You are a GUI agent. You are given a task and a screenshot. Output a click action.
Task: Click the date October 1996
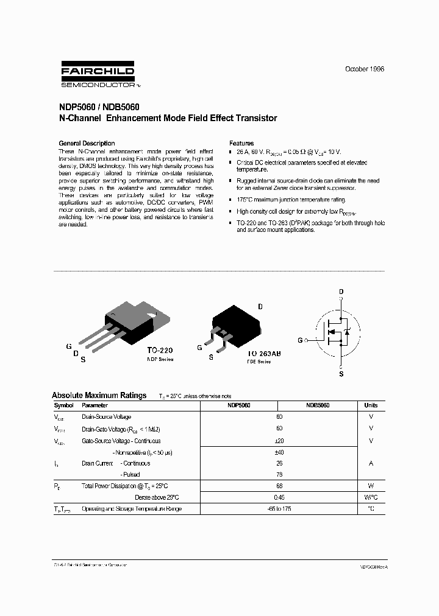coord(365,69)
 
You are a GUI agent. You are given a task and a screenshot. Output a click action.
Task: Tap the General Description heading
coord(87,144)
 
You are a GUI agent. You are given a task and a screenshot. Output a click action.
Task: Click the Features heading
coord(241,144)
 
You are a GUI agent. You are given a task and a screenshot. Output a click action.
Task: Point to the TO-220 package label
coord(159,351)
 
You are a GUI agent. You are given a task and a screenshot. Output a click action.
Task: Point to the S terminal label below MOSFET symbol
coord(341,374)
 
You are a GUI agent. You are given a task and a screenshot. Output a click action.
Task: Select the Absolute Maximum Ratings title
coord(99,395)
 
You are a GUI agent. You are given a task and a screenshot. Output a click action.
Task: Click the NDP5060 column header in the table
coord(238,405)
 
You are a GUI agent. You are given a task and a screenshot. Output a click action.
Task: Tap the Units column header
coord(371,405)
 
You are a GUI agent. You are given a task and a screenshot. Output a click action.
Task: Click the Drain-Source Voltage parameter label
coord(106,417)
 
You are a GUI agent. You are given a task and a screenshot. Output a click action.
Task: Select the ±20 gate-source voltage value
coord(280,441)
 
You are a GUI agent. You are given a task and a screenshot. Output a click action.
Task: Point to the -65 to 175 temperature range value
coord(280,508)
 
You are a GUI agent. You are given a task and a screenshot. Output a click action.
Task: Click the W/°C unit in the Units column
coord(371,497)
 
